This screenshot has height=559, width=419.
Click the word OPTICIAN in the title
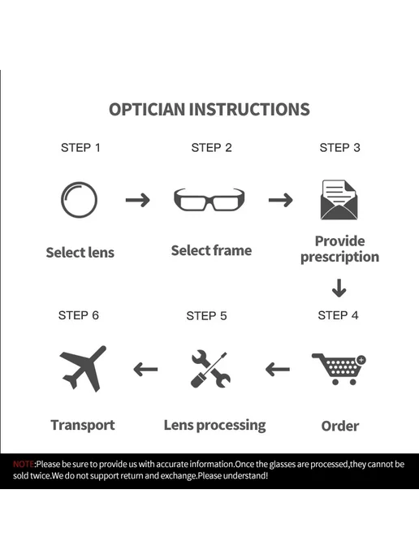(148, 109)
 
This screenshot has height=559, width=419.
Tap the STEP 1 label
(81, 148)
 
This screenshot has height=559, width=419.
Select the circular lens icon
(62, 200)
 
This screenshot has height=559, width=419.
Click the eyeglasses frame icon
(209, 206)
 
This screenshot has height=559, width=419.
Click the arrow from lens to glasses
(138, 200)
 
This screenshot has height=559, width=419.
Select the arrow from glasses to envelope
(281, 200)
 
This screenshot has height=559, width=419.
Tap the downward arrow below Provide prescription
(339, 288)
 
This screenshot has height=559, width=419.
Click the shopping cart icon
(339, 370)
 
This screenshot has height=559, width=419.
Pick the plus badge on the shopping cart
(361, 360)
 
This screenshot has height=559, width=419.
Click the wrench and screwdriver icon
(210, 369)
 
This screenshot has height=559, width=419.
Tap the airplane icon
(83, 369)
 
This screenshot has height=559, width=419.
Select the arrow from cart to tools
(278, 370)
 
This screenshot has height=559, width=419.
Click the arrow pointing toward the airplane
(145, 370)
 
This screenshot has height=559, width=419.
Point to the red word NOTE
(24, 464)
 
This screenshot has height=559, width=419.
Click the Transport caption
(83, 425)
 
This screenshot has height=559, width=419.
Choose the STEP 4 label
(338, 315)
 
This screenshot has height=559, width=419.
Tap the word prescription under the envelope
(340, 258)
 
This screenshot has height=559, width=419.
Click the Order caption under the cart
(340, 426)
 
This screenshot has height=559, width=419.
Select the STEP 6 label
(79, 315)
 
